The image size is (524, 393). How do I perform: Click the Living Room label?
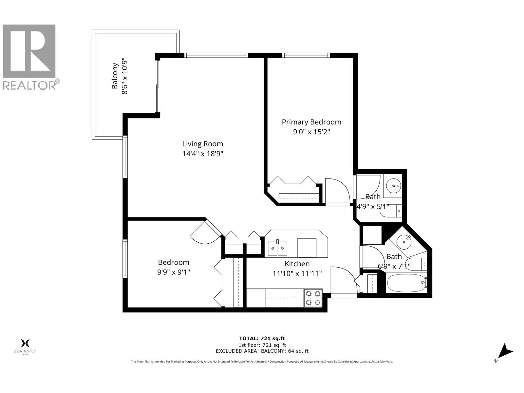click(202, 144)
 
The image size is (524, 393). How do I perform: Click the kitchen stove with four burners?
click(313, 298)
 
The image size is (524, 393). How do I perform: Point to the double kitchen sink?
click(278, 248)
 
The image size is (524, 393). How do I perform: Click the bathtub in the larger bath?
click(406, 283)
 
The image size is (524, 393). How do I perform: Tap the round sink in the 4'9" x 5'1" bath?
click(392, 186)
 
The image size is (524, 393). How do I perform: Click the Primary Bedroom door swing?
click(337, 190)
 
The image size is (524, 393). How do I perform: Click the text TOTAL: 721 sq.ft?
click(259, 338)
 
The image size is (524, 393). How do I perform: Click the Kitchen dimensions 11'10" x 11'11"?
click(297, 273)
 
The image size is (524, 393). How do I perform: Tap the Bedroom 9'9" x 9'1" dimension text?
click(174, 272)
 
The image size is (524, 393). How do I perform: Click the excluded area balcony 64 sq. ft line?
click(262, 351)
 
